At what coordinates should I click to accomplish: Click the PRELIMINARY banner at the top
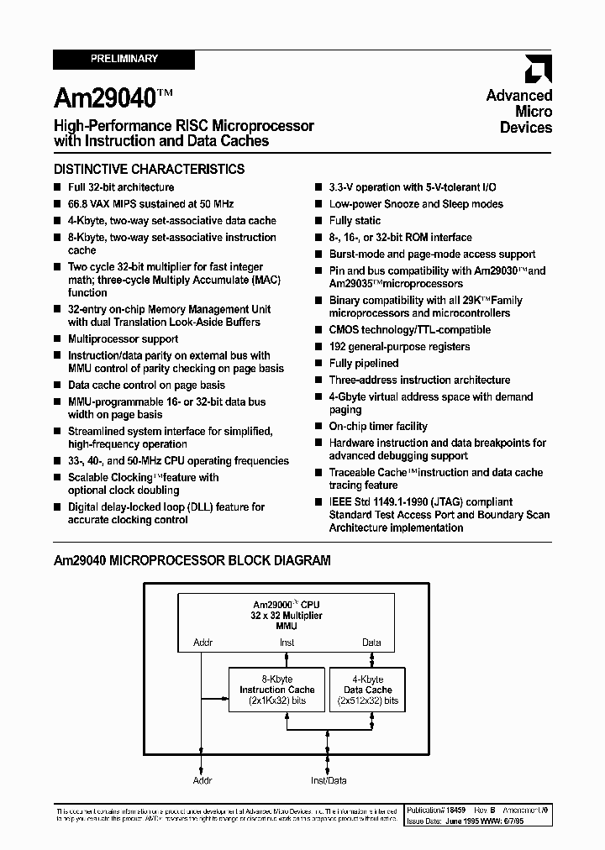pyautogui.click(x=124, y=60)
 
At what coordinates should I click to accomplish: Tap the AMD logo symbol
pyautogui.click(x=538, y=69)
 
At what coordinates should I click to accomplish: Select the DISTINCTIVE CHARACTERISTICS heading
pyautogui.click(x=149, y=169)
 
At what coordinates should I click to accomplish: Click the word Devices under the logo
pyautogui.click(x=526, y=128)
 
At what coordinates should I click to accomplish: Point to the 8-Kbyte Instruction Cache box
pyautogui.click(x=276, y=690)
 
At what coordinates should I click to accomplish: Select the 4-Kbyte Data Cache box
pyautogui.click(x=367, y=690)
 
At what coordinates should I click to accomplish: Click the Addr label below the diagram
pyautogui.click(x=203, y=780)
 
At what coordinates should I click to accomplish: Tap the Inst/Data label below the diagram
pyautogui.click(x=329, y=780)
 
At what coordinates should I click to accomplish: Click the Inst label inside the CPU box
pyautogui.click(x=287, y=643)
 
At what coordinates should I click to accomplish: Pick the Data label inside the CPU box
pyautogui.click(x=371, y=643)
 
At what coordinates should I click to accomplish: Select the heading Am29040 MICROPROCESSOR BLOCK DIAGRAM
pyautogui.click(x=192, y=560)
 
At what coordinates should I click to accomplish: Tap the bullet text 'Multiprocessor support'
pyautogui.click(x=123, y=339)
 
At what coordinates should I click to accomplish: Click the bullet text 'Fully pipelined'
pyautogui.click(x=364, y=364)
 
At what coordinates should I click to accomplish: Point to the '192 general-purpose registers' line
pyautogui.click(x=399, y=347)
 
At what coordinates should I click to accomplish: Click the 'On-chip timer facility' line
pyautogui.click(x=378, y=427)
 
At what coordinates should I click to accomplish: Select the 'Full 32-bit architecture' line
pyautogui.click(x=121, y=187)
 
